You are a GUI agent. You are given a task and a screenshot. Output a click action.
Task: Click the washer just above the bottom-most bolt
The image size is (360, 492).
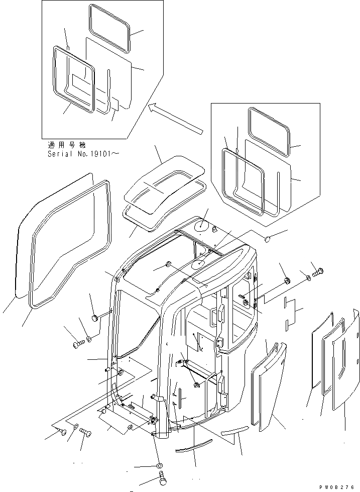(x=160, y=466)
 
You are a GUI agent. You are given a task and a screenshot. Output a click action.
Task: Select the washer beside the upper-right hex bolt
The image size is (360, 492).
(x=306, y=275)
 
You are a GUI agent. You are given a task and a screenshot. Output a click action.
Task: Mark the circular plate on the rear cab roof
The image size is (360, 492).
(x=200, y=227)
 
